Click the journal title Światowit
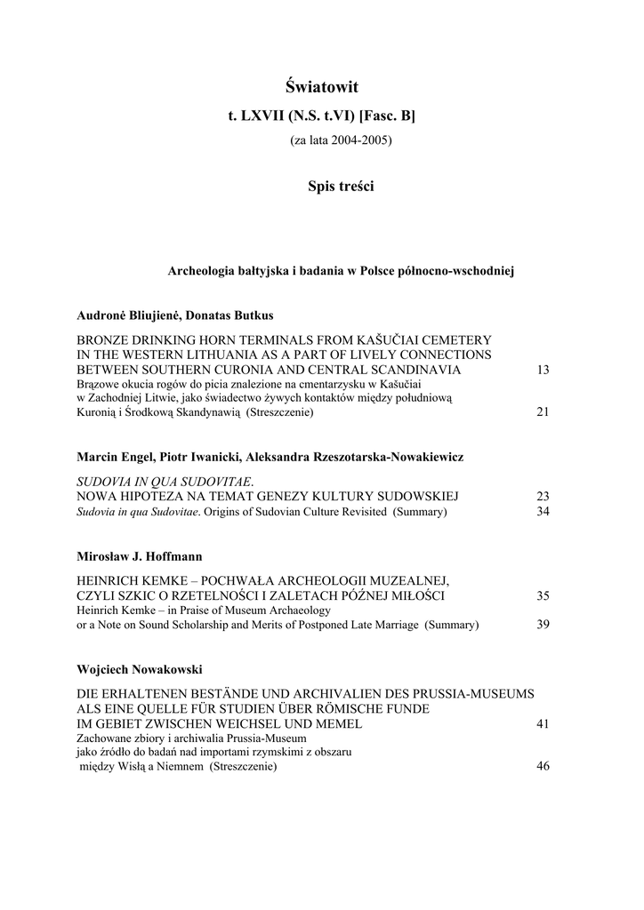click(x=321, y=86)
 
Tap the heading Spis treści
click(x=341, y=186)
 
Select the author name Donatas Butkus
click(x=229, y=315)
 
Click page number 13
click(x=543, y=369)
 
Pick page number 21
click(x=543, y=412)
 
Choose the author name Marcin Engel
click(x=112, y=456)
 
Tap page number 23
click(x=543, y=496)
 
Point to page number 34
click(x=543, y=512)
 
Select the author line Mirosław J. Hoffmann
click(x=140, y=555)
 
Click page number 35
click(x=543, y=595)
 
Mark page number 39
click(x=543, y=625)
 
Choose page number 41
click(x=543, y=724)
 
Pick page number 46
click(x=543, y=767)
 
